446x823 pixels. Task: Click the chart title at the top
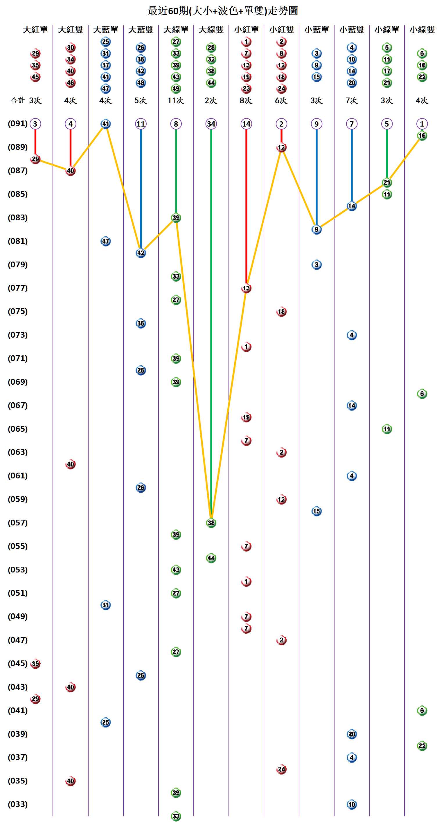223,11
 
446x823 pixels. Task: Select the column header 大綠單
176,30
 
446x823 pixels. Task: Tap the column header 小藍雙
351,30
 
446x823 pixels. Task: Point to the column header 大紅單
35,30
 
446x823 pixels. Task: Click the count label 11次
176,100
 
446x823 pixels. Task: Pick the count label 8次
246,100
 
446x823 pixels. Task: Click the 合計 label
18,100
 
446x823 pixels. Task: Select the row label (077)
18,288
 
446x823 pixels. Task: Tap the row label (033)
18,804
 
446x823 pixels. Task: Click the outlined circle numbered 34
211,124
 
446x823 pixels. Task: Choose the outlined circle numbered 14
246,124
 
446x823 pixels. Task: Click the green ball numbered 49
176,89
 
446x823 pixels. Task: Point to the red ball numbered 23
246,89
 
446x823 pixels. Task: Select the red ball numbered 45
35,77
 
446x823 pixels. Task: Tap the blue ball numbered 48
141,83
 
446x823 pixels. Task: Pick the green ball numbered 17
386,71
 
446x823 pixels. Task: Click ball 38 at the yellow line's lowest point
211,523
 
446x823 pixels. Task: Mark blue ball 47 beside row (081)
105,241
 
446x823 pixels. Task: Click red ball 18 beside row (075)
281,311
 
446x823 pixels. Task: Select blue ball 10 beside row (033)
351,804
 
